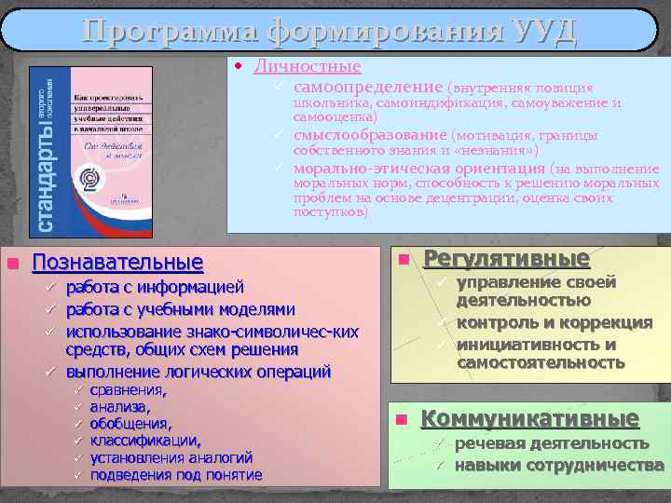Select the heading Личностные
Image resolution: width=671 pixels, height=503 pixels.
(308, 67)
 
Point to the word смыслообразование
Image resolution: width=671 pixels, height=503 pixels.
(371, 135)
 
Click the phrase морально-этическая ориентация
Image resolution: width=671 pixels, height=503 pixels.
(418, 169)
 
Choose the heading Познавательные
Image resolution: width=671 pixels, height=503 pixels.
(117, 262)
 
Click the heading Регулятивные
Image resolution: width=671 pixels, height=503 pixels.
(507, 258)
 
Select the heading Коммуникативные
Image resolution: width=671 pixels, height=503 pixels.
(529, 418)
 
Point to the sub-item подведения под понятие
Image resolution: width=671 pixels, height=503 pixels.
(176, 475)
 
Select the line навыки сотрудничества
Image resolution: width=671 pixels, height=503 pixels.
(558, 465)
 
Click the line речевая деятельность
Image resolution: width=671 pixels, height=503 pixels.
(552, 442)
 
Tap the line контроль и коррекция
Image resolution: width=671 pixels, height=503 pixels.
(554, 322)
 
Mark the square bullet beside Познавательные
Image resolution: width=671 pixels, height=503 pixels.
(12, 264)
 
